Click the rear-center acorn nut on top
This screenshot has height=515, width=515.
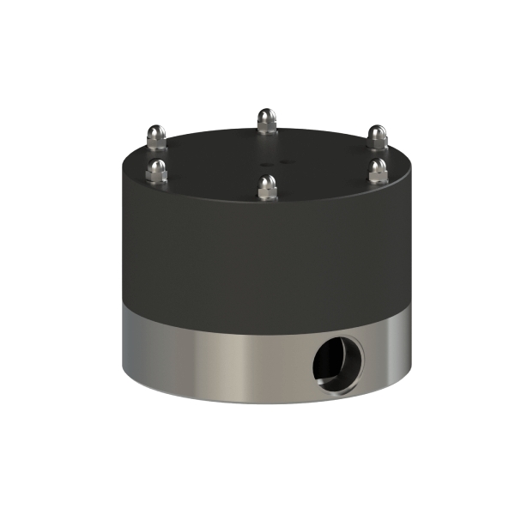coord(267,121)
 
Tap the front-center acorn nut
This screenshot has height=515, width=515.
coord(268,186)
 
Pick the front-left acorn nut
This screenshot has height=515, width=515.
coord(156,170)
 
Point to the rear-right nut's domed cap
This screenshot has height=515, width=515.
coord(378,134)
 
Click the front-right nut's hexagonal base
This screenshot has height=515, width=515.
coord(379,176)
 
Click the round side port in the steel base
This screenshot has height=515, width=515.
coord(338,360)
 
